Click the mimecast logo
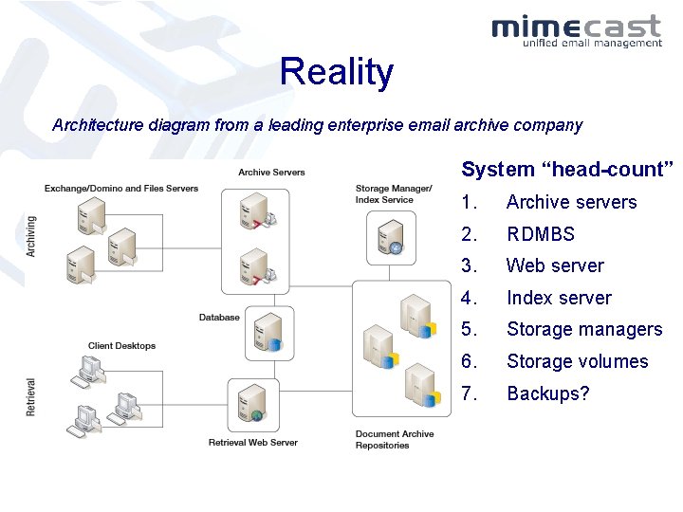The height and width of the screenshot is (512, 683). point(577,29)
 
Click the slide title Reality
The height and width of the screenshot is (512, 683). point(336,72)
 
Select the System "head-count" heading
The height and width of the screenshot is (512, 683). point(567,170)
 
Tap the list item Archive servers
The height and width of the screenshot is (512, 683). point(571,202)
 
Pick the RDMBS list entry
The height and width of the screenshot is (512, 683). point(540,234)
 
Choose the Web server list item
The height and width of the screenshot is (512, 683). point(554,265)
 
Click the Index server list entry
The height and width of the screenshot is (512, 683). point(559,298)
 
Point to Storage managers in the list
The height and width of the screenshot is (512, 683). point(583,329)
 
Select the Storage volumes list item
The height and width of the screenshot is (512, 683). point(577,361)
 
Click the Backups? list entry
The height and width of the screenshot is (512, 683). point(547,393)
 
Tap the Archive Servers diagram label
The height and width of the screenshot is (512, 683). point(271,173)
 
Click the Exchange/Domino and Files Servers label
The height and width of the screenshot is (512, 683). point(121,189)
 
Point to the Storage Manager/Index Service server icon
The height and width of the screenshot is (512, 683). point(391,237)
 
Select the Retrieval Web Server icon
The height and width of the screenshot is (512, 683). point(253,404)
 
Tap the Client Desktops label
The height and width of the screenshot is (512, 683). point(121,346)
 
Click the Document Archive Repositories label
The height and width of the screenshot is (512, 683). point(394,440)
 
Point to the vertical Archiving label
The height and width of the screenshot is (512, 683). point(32,236)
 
